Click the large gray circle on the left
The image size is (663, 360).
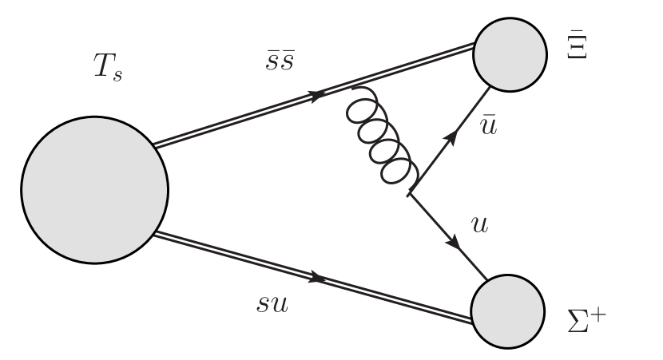point(94,189)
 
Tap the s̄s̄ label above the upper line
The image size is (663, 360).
point(280,61)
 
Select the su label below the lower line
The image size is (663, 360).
point(272,303)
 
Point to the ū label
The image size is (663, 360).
point(489,128)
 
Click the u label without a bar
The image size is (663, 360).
point(479,225)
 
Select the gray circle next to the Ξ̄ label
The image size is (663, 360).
point(510,53)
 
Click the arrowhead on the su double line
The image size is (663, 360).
point(317,279)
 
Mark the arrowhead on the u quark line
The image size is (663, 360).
point(457,242)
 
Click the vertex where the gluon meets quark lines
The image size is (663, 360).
point(409,192)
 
